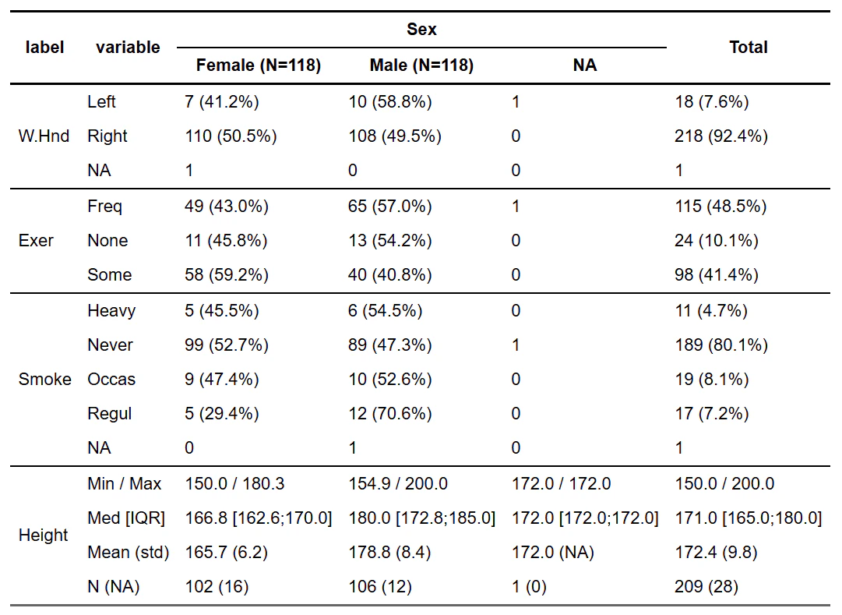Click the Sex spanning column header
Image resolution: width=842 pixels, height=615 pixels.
[421, 29]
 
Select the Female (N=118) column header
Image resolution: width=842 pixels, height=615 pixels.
[259, 65]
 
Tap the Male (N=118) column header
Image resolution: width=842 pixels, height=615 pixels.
[421, 65]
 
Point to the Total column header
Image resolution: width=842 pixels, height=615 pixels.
[748, 48]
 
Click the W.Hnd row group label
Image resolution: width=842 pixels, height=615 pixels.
[44, 136]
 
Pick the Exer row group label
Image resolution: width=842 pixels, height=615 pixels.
[36, 240]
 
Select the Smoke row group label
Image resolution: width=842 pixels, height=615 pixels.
[45, 379]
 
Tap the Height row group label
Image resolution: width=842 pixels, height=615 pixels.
[44, 535]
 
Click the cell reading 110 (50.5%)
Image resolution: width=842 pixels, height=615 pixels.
[231, 136]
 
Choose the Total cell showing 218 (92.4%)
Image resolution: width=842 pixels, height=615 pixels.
[721, 136]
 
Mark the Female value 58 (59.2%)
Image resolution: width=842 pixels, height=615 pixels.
[227, 274]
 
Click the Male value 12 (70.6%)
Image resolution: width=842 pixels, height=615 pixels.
[390, 413]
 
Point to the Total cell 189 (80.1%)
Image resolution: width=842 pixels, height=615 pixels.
[721, 345]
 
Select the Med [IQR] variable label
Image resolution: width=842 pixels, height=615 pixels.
[126, 518]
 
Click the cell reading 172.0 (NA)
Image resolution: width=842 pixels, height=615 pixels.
[552, 552]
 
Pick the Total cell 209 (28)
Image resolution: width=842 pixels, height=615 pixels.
[706, 586]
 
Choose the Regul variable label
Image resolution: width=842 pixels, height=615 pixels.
[110, 413]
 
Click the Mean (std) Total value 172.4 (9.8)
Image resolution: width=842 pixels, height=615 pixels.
[716, 552]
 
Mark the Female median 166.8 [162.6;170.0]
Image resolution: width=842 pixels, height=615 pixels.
[259, 518]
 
